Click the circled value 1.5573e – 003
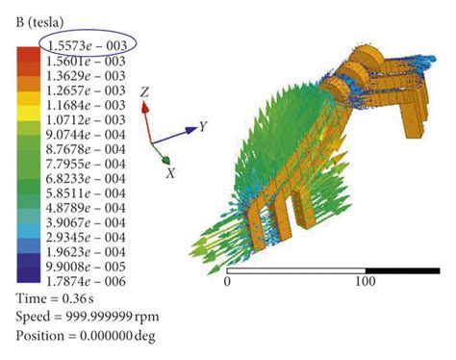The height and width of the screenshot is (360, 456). tap(87, 45)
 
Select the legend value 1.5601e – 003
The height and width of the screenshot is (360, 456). tap(86, 61)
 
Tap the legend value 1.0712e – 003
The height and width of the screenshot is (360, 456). tap(86, 119)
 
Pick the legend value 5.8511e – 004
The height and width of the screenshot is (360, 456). tap(86, 193)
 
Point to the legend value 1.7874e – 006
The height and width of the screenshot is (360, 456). tap(86, 281)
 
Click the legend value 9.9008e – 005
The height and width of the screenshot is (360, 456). tap(86, 267)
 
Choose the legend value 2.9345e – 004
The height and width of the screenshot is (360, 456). tap(86, 238)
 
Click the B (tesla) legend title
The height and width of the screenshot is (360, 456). tap(39, 22)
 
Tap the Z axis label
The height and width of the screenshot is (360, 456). tap(145, 92)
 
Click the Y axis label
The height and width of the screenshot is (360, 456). tap(203, 126)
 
